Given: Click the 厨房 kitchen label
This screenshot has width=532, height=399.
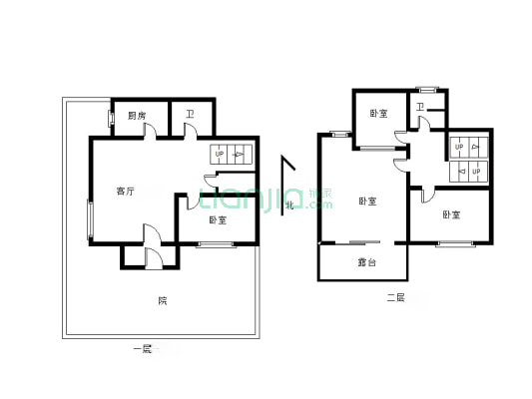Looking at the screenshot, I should tap(137, 116).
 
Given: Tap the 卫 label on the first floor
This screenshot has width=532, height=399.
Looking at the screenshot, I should tap(190, 113).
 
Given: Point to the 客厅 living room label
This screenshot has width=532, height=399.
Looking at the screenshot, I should tap(125, 191).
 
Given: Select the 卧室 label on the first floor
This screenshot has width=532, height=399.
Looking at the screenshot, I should tap(217, 220).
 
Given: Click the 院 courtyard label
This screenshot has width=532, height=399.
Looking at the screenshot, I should tap(162, 301).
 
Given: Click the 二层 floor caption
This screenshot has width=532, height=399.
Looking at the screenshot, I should tap(395, 297).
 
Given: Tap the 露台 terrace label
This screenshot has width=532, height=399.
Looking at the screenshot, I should tap(366, 263).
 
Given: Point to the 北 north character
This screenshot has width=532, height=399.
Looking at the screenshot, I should tap(290, 205).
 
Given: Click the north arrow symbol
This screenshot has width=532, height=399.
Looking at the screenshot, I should tap(287, 170).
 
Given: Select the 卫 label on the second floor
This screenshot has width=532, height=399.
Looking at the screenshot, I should tap(420, 107).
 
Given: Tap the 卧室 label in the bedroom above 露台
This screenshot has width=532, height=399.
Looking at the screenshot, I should tap(366, 201).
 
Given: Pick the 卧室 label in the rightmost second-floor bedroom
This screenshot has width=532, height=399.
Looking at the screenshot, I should tap(451, 214).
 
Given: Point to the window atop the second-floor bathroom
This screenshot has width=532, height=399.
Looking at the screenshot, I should tap(427, 89).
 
